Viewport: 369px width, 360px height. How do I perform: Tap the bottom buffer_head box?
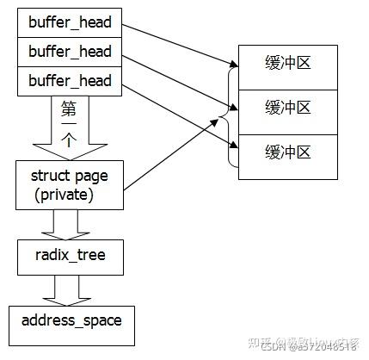point(71,82)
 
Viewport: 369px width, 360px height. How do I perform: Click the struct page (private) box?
point(71,184)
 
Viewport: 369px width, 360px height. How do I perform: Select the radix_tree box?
point(71,255)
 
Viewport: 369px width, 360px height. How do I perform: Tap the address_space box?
point(71,321)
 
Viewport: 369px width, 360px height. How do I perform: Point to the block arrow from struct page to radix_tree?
point(71,224)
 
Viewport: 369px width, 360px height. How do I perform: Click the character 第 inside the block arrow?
point(71,109)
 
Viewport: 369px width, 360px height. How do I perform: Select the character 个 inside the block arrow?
point(71,139)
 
